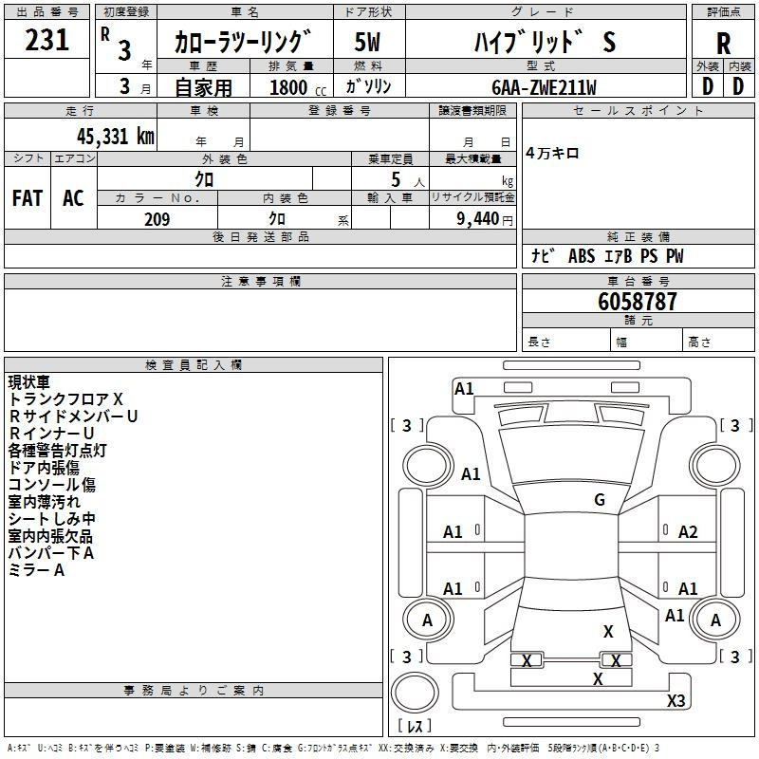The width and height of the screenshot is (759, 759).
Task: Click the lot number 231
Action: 46,40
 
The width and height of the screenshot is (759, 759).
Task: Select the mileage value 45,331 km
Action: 115,137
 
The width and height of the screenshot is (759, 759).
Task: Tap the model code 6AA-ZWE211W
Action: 544,87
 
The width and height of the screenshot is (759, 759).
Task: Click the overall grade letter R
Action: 723,44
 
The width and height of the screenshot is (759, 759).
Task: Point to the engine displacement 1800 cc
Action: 298,87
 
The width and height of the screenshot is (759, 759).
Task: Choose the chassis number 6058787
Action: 638,302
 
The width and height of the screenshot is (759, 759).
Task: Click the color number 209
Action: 157,219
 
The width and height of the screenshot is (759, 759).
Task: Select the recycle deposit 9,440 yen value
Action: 485,219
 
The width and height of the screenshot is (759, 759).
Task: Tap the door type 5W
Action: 367,42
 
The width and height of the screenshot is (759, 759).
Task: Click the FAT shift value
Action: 28,198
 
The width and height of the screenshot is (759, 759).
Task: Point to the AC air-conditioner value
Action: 73,198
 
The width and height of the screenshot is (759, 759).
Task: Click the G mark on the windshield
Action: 600,500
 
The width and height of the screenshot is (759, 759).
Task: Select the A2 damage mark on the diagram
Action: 688,532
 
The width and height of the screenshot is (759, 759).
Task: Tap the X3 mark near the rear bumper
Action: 676,700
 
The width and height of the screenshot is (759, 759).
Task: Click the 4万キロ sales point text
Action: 552,154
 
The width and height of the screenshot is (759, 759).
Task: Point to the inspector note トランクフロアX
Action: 65,398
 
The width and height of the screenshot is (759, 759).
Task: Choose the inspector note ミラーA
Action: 36,570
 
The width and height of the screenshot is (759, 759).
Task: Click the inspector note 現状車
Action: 29,382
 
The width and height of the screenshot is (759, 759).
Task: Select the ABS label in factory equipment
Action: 582,256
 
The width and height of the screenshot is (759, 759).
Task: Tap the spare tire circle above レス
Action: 415,693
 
